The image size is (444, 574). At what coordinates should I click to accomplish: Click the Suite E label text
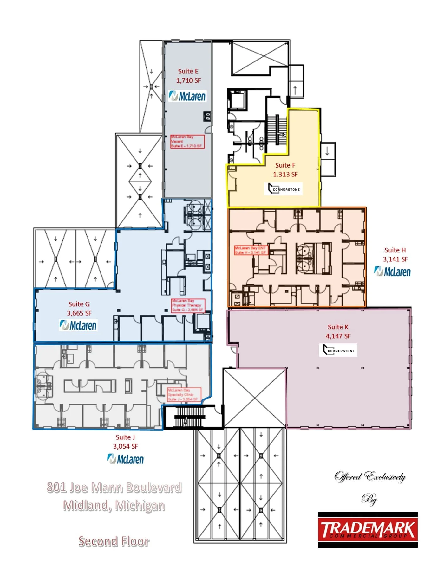188,71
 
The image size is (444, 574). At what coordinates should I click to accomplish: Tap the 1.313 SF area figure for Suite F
285,174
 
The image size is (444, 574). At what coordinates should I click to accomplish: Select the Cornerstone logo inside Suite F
284,189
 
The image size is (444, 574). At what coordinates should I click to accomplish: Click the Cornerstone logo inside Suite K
338,350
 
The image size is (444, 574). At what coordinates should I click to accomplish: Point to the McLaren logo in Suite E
187,96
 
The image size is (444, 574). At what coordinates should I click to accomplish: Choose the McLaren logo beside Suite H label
392,272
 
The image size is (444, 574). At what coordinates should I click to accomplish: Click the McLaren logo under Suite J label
125,459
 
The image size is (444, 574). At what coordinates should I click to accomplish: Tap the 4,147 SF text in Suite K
338,336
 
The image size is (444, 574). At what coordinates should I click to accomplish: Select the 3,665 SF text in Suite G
79,313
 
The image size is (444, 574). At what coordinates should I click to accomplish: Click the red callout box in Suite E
187,142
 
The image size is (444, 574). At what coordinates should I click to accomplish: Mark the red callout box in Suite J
184,395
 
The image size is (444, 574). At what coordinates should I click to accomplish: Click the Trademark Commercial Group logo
368,530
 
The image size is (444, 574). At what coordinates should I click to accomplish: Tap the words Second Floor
114,541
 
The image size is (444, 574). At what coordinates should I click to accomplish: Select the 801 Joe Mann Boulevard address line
114,487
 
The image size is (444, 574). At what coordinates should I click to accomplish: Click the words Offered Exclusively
370,476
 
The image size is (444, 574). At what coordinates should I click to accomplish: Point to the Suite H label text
395,250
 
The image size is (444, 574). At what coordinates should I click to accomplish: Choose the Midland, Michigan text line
114,505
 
